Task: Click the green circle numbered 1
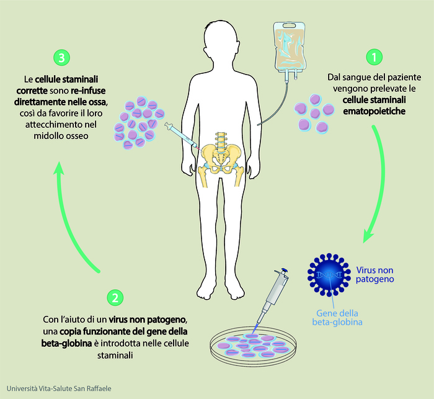pos(374,57)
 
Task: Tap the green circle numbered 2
pos(115,298)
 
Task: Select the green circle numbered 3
pos(61,58)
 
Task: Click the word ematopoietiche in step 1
pos(374,112)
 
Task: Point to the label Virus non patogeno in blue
pos(374,275)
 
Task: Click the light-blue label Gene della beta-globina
pos(337,318)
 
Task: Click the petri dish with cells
pos(253,346)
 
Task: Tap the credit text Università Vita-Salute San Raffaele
pos(59,388)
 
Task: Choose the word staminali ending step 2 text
pos(115,355)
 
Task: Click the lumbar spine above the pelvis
pos(221,139)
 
